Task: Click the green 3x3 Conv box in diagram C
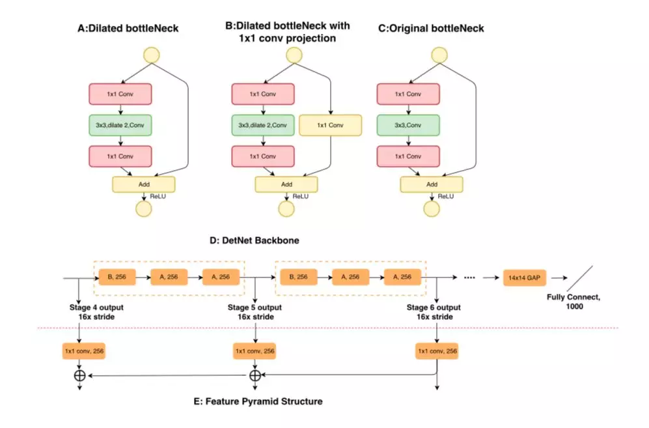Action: click(x=408, y=125)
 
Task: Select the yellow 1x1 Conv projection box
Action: click(x=329, y=125)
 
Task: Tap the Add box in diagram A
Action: click(x=144, y=184)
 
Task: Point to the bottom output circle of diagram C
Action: click(x=431, y=209)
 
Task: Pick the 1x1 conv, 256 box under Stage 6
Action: click(x=437, y=352)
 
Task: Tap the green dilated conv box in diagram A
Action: click(x=120, y=125)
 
